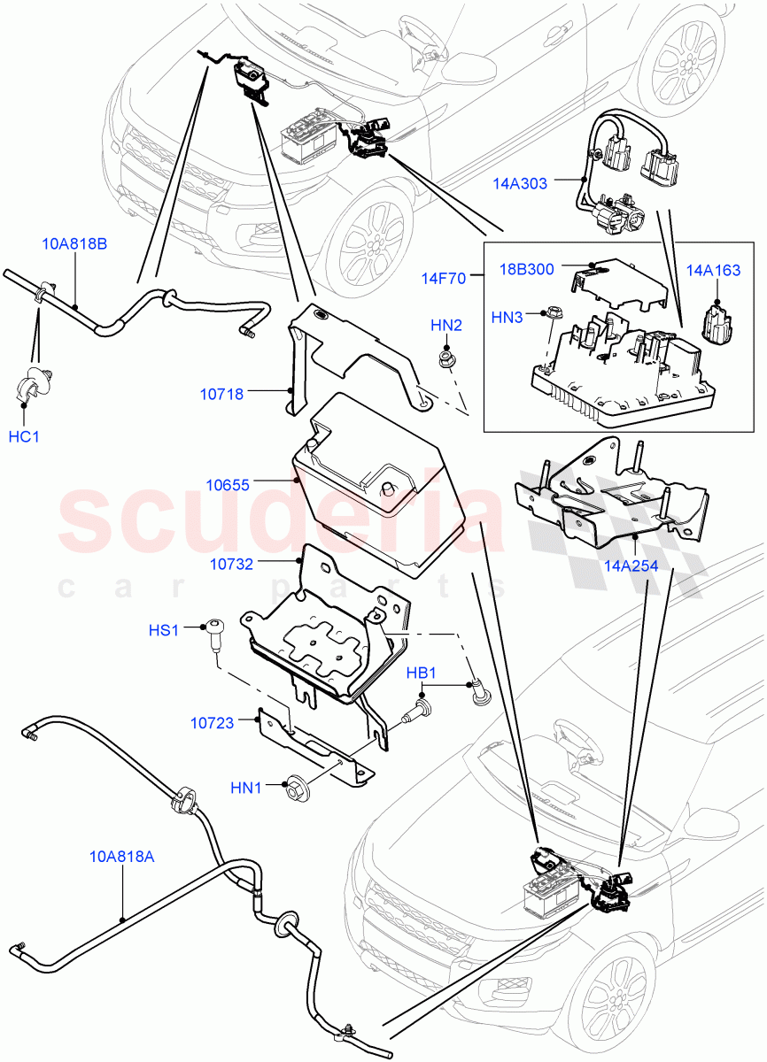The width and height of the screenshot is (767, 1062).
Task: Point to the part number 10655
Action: (x=228, y=485)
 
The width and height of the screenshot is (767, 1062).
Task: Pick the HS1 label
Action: (x=164, y=630)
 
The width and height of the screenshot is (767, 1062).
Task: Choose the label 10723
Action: (x=212, y=723)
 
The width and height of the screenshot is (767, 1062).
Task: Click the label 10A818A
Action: (x=122, y=856)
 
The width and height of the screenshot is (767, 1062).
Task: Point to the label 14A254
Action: (x=631, y=566)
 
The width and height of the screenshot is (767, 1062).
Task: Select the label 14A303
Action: (x=520, y=183)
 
